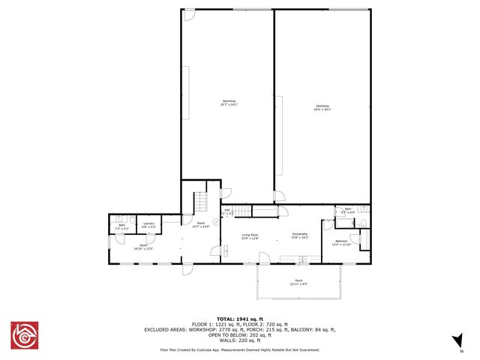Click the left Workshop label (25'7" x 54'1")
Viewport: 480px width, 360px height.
(x=229, y=103)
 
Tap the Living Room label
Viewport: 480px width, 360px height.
(x=250, y=237)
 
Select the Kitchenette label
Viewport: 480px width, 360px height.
(x=300, y=237)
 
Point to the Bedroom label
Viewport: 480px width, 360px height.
(x=341, y=242)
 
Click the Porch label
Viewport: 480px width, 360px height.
(x=298, y=283)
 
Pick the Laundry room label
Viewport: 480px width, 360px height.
(x=148, y=225)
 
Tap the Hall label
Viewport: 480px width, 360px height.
(x=226, y=212)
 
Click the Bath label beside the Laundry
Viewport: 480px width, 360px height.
(x=121, y=226)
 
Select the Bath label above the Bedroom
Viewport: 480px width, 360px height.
(x=348, y=211)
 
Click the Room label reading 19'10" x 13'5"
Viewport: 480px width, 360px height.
(x=143, y=245)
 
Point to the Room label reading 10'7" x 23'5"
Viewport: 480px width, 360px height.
(x=201, y=224)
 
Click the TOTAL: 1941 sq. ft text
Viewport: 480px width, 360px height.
(x=239, y=318)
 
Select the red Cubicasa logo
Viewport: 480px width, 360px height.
(x=23, y=335)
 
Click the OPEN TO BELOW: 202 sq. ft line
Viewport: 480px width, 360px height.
(x=239, y=335)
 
